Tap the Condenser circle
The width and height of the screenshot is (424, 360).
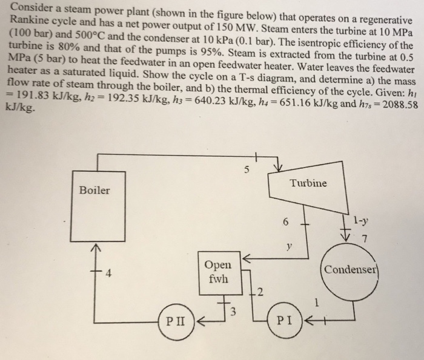(351, 269)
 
